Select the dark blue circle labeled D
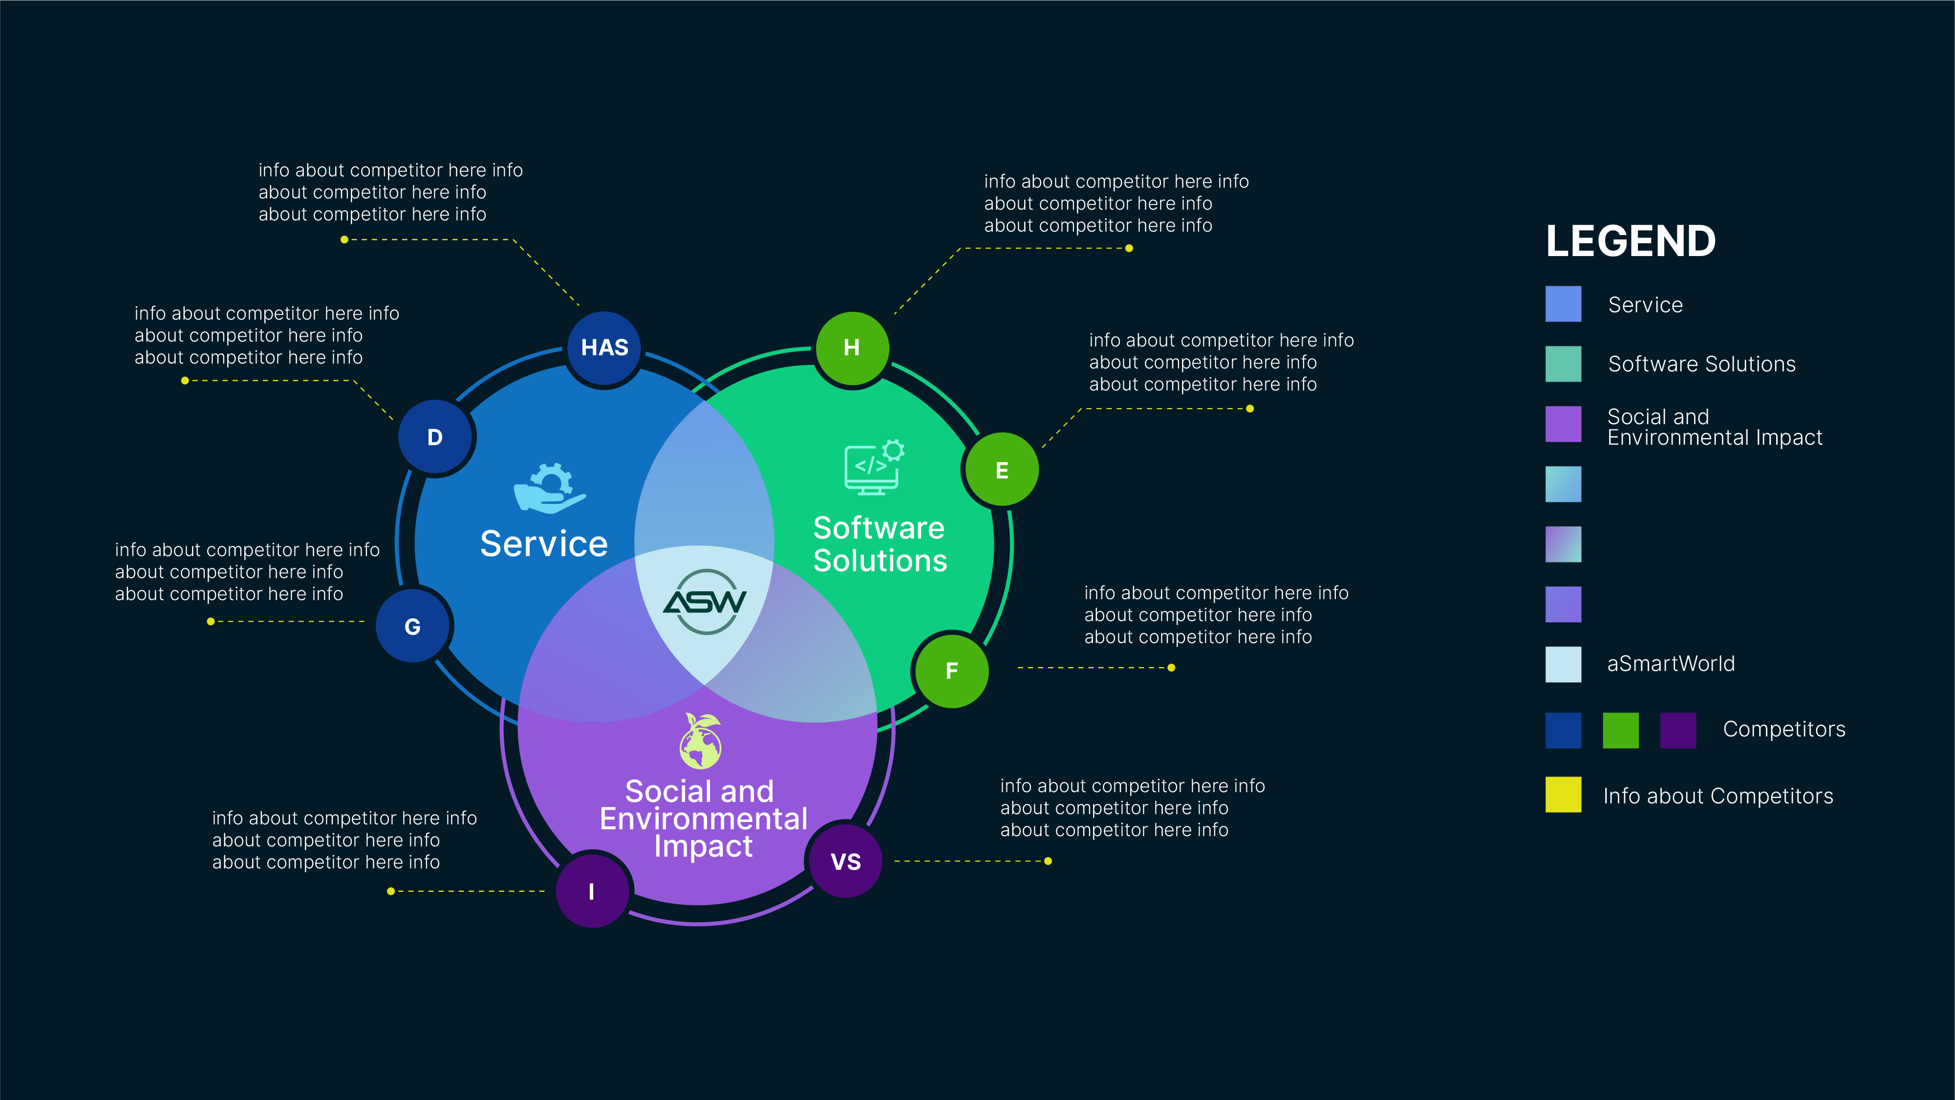pos(435,437)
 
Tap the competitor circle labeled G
pos(413,626)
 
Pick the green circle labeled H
pos(852,347)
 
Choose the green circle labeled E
pos(1002,470)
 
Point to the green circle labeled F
pos(952,670)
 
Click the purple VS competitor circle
pos(845,862)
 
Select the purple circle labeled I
pos(592,890)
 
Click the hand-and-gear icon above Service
pos(550,487)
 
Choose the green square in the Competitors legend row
pos(1620,730)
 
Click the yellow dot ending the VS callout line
pos(1048,861)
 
